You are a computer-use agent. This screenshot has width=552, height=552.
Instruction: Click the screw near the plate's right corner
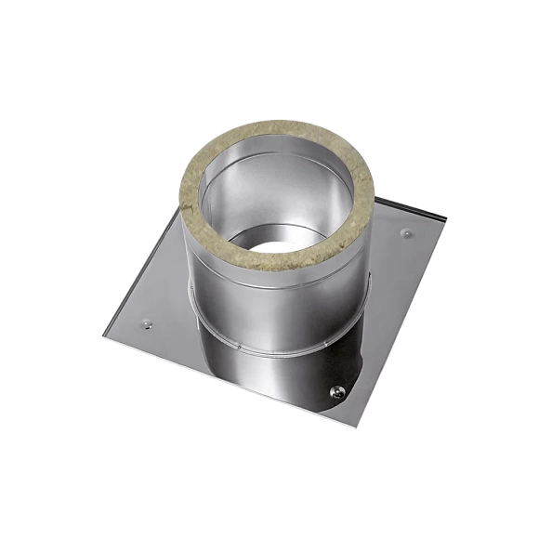coord(404,227)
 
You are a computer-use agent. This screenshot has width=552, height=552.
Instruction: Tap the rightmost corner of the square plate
coord(447,219)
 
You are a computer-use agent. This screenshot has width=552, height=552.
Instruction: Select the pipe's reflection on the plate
coord(269,381)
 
